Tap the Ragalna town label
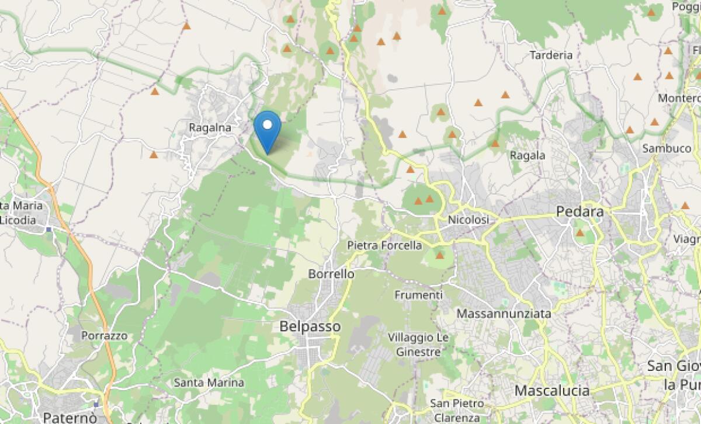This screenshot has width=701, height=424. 210,127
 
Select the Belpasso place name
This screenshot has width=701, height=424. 310,326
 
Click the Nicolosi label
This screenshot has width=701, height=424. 467,220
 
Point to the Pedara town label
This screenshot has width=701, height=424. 579,211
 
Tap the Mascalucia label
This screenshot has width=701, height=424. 551,390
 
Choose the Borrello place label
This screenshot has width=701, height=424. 331,273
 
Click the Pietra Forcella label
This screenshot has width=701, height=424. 384,245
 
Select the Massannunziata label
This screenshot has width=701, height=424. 504,314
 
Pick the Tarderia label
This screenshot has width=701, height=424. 550,55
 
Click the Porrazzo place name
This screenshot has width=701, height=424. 104,336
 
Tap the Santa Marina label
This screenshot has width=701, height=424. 209,383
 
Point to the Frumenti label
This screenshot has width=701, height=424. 418,295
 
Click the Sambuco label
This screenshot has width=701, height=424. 667,148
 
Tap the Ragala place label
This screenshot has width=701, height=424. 528,155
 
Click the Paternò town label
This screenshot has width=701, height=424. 70,418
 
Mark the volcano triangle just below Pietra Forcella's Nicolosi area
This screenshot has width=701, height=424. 439,255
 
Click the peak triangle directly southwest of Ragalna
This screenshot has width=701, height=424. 154,155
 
